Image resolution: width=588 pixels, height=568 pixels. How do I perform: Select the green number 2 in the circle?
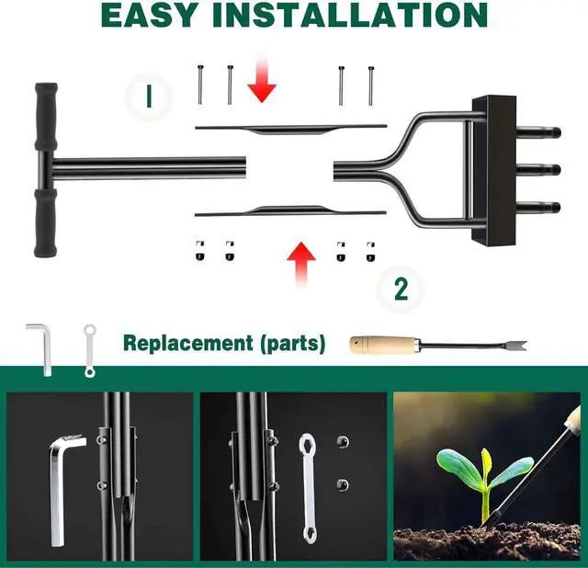point(400,289)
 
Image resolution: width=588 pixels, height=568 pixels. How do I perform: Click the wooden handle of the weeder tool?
point(382,346)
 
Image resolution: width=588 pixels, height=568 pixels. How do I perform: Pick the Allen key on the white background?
point(41,346)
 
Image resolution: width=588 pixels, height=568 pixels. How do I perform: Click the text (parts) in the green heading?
point(292,344)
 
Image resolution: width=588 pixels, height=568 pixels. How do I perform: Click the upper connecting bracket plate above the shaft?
point(285,128)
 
